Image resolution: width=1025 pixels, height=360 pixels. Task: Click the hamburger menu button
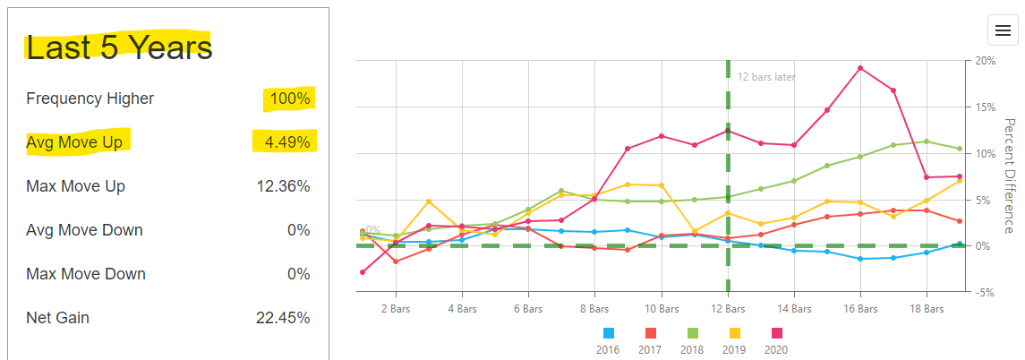pyautogui.click(x=1003, y=30)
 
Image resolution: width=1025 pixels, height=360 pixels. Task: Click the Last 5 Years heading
pyautogui.click(x=119, y=47)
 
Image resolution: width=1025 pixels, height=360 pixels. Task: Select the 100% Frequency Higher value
pyautogui.click(x=290, y=99)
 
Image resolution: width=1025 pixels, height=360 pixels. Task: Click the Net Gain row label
pyautogui.click(x=58, y=318)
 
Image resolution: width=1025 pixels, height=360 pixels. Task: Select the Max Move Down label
pyautogui.click(x=85, y=274)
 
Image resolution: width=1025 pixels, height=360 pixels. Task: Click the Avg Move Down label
pyautogui.click(x=84, y=230)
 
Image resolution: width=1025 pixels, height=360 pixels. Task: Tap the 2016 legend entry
pyautogui.click(x=609, y=341)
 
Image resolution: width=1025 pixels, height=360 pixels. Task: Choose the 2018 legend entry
pyautogui.click(x=693, y=341)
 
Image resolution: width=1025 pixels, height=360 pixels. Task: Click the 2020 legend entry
pyautogui.click(x=776, y=341)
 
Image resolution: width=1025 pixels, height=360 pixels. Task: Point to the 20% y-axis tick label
pyautogui.click(x=985, y=61)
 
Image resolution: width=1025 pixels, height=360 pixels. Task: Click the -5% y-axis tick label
pyautogui.click(x=985, y=292)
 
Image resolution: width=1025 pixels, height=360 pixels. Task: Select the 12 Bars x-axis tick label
pyautogui.click(x=728, y=308)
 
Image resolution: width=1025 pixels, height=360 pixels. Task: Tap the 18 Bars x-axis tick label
pyautogui.click(x=927, y=308)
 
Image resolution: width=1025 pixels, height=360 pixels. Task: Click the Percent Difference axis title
pyautogui.click(x=1009, y=176)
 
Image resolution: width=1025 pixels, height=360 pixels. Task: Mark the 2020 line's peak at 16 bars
pyautogui.click(x=860, y=68)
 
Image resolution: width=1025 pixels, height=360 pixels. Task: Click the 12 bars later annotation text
pyautogui.click(x=766, y=77)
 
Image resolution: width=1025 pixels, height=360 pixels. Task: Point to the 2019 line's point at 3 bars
pyautogui.click(x=429, y=201)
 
